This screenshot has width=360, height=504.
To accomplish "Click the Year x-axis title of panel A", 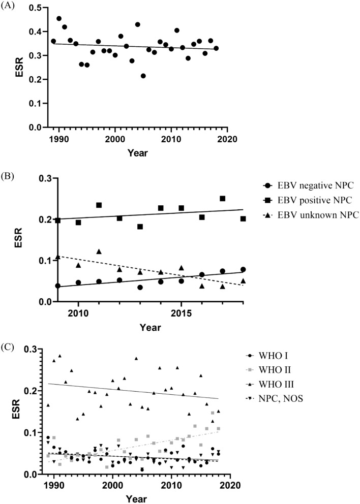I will coord(138,151).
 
